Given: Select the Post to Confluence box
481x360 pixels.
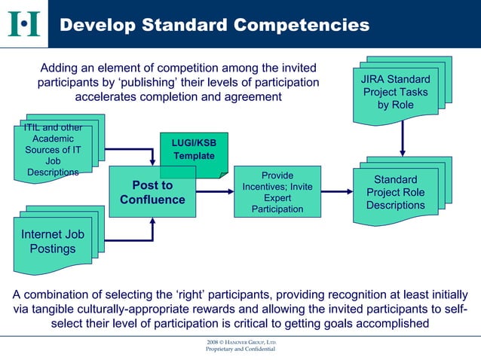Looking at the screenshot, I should (x=152, y=192).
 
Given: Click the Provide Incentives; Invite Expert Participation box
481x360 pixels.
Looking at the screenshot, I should (x=277, y=192).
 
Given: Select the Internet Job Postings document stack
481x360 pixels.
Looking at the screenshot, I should (x=53, y=242).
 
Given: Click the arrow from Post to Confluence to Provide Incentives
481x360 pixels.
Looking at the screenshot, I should (x=215, y=192).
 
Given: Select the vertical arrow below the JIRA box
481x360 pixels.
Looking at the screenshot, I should (x=403, y=139).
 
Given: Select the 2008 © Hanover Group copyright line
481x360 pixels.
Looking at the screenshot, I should (x=240, y=343).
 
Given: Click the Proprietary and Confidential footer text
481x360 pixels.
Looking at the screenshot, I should (x=240, y=350).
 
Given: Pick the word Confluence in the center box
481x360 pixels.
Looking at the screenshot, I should (x=152, y=200).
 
